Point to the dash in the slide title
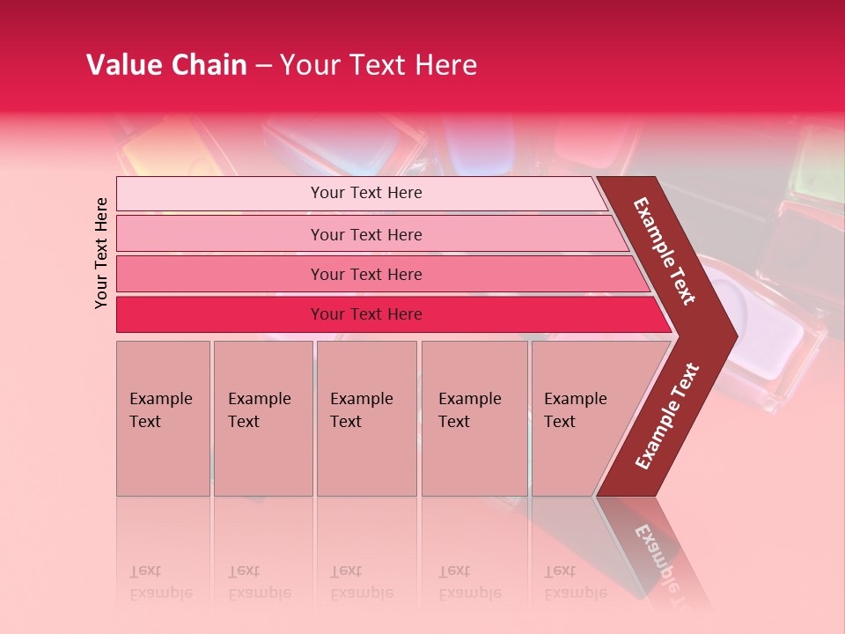(x=263, y=66)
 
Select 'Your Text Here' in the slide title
(x=378, y=65)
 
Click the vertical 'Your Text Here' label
(x=101, y=253)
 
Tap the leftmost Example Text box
(x=163, y=417)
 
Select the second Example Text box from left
(x=262, y=417)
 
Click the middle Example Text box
(x=366, y=417)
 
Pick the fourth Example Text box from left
(x=474, y=417)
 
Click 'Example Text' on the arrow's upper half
(x=665, y=251)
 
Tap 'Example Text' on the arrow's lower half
(x=667, y=416)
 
